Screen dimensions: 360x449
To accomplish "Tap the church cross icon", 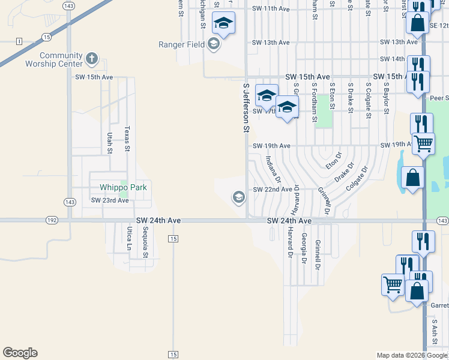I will [x=92, y=59].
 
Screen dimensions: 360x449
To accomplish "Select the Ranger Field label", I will [x=182, y=44].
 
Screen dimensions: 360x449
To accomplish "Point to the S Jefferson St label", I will [x=246, y=108].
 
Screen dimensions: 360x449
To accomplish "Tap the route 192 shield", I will [x=52, y=221].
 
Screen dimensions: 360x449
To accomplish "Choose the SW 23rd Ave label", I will [x=110, y=200].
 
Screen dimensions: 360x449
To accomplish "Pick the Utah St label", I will [x=110, y=143].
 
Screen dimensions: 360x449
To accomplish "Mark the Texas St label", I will [x=127, y=138].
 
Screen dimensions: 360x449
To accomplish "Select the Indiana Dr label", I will [x=273, y=169].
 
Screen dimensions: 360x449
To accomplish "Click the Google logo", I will [x=20, y=353].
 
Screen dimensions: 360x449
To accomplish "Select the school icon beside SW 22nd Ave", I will [x=238, y=197].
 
